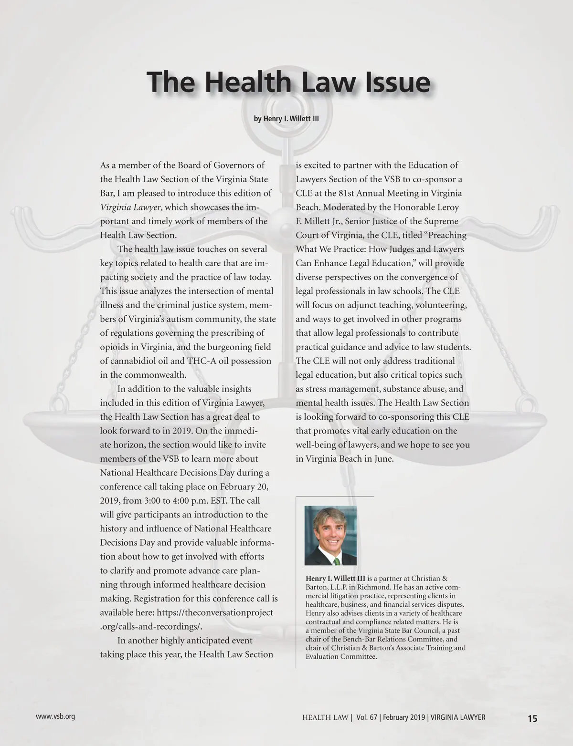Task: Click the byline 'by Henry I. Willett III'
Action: [x=286, y=118]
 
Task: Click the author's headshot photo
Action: [x=330, y=535]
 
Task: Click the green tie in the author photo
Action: [x=336, y=559]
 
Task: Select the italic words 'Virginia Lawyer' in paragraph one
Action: [x=130, y=207]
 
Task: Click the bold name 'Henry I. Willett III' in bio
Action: [x=335, y=579]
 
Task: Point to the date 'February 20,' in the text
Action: [x=244, y=487]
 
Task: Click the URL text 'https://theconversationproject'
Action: [x=215, y=612]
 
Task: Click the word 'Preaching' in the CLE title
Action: [x=446, y=236]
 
